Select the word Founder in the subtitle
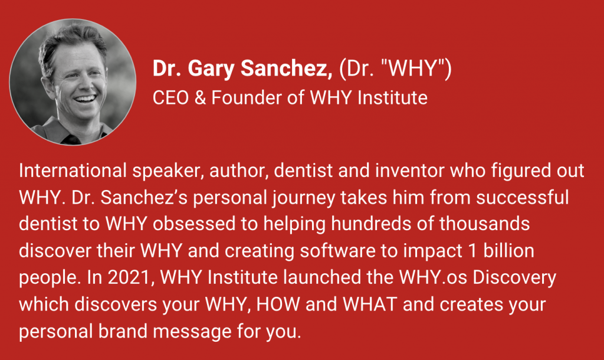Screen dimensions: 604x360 pyautogui.click(x=246, y=97)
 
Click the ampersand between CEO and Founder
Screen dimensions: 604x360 pyautogui.click(x=200, y=97)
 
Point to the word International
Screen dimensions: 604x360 pyautogui.click(x=73, y=171)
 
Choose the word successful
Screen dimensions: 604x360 pyautogui.click(x=522, y=197)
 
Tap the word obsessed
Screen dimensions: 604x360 pyautogui.click(x=193, y=224)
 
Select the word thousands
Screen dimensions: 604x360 pyautogui.click(x=484, y=224)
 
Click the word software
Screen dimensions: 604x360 pyautogui.click(x=337, y=251)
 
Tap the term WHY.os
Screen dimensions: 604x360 pyautogui.click(x=433, y=278)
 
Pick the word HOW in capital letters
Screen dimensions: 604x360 pyautogui.click(x=278, y=305)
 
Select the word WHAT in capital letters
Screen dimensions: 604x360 pyautogui.click(x=370, y=305)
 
